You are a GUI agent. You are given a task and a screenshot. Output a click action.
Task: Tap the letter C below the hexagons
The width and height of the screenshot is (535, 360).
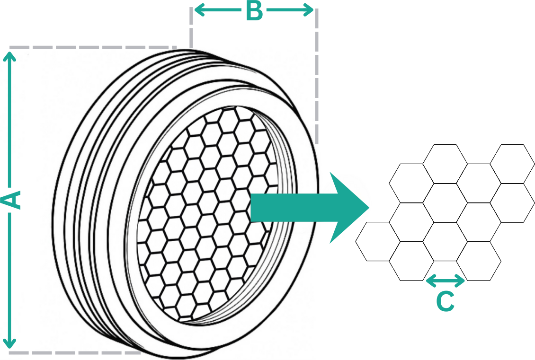coord(445,301)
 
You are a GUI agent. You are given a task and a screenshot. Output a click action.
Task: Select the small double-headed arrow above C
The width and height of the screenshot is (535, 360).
coord(446,281)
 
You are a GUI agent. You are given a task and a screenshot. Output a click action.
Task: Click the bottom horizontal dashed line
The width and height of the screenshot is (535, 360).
coord(71,352)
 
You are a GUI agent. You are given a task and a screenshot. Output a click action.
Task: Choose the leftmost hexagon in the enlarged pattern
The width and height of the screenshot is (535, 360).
coord(373,241)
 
